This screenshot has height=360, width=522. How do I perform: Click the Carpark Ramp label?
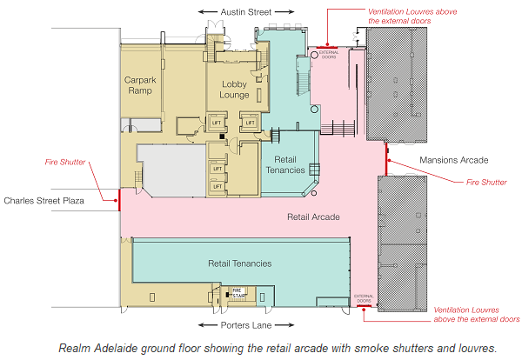pos(140,85)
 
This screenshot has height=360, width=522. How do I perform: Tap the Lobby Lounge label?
pos(234,90)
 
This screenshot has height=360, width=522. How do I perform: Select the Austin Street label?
pos(246,12)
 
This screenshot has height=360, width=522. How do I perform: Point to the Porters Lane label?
pos(246,325)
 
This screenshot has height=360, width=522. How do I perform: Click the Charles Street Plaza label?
pos(44,201)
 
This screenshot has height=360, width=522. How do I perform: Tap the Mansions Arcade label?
pos(454,160)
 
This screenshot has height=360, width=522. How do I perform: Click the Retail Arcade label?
pos(313,217)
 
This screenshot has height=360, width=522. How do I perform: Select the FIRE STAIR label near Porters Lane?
pos(238,293)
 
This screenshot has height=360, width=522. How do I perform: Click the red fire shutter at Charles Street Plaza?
pos(119,200)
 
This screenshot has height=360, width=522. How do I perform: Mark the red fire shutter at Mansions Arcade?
pos(386,159)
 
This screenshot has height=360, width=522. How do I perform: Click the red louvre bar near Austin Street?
pos(327,48)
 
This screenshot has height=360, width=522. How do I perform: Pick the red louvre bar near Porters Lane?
pos(364,306)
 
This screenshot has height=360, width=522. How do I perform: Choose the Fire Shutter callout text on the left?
pos(65,162)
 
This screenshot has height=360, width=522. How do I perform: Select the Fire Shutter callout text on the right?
pos(486,182)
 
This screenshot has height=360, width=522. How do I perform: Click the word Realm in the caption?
pos(75,348)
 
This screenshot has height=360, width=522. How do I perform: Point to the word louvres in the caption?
pos(477,348)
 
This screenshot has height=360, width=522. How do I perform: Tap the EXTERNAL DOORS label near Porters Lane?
pos(364,298)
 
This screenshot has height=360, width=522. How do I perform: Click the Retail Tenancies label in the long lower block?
pos(240,263)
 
